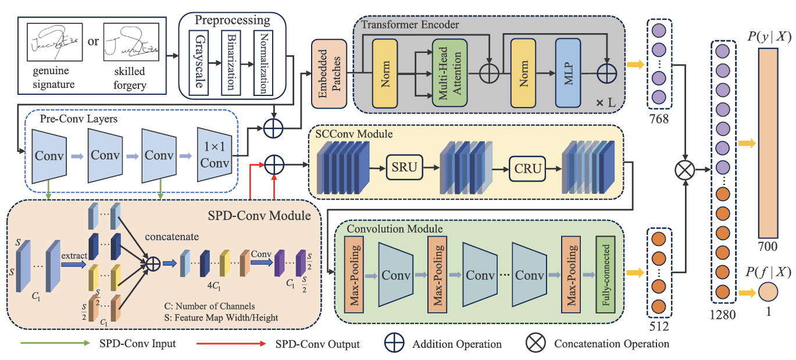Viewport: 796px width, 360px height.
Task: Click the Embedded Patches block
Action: tap(329, 74)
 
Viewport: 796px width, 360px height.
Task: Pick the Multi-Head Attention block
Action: tap(449, 73)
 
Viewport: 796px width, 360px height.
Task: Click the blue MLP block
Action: tap(569, 73)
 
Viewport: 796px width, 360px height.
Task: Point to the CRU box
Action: tap(528, 169)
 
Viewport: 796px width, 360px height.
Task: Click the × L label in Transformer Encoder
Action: tap(606, 102)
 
